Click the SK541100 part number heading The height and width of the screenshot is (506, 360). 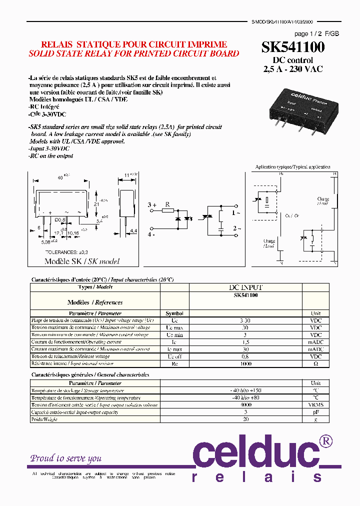[x=293, y=47]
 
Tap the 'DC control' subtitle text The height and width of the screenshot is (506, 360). [x=293, y=60]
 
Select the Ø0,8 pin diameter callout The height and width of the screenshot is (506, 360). [x=60, y=220]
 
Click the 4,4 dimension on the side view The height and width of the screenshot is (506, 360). [x=133, y=230]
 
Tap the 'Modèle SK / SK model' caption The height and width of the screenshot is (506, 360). [x=82, y=261]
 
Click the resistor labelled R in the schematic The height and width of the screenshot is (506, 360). [x=167, y=211]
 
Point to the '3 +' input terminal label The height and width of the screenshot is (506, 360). [x=152, y=205]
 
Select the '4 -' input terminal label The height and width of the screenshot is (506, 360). [x=151, y=234]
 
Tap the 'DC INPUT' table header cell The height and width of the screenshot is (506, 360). [x=245, y=287]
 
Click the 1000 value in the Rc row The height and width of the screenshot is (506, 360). [x=245, y=364]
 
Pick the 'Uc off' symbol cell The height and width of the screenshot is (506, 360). [x=174, y=356]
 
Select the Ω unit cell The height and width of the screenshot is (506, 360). [x=315, y=364]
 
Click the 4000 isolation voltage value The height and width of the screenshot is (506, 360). [x=245, y=405]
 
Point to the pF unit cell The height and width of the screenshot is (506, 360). [x=315, y=412]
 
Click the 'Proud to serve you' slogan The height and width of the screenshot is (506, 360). [x=66, y=458]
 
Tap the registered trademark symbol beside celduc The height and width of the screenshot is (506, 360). [x=325, y=440]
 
